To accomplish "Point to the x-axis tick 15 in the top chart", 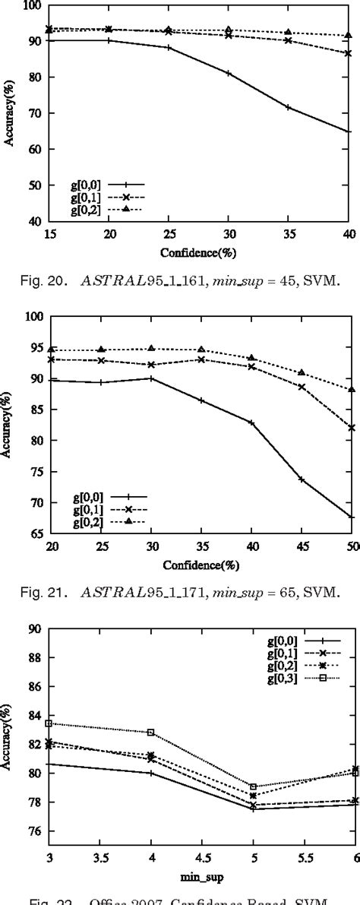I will pyautogui.click(x=49, y=236).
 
